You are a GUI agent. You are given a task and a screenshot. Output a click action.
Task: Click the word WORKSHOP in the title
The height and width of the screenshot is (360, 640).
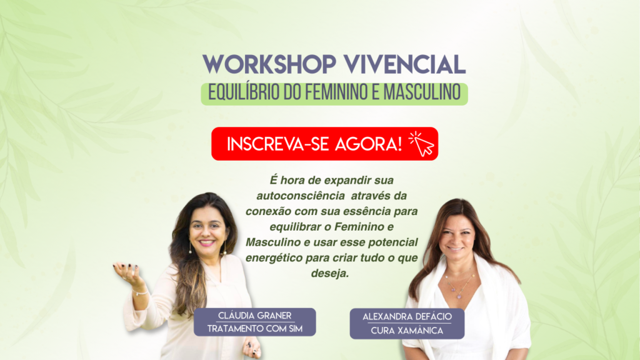[269, 64]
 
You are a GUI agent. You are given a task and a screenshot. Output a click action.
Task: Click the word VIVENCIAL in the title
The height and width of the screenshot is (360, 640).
[404, 64]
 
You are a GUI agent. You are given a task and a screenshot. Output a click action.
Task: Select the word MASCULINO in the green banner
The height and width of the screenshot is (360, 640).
[422, 92]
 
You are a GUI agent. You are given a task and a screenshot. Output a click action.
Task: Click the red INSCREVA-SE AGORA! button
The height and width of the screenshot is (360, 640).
[324, 144]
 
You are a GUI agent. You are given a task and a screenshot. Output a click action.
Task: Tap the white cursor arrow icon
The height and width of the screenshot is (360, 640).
[422, 144]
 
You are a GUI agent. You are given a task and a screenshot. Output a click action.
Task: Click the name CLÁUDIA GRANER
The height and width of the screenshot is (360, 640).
[255, 316]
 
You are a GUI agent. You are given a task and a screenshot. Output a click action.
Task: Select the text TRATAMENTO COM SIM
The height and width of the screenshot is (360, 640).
[255, 329]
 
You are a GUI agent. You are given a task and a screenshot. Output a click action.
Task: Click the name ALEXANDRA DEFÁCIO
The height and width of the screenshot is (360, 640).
[407, 316]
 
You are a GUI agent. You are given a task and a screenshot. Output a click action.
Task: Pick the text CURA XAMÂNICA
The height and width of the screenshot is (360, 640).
[407, 330]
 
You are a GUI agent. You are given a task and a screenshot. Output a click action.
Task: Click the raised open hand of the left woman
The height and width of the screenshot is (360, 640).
[127, 271]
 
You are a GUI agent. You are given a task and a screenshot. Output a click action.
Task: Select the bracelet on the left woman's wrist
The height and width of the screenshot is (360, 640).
[139, 292]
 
